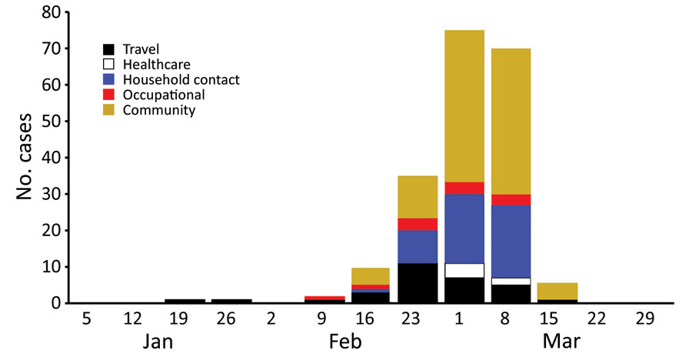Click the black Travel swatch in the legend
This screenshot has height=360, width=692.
(108, 49)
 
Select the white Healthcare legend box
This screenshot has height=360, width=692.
(108, 64)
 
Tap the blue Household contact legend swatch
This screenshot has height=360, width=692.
(108, 79)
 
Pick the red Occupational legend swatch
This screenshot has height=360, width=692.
(108, 95)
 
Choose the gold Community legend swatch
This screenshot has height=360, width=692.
(108, 109)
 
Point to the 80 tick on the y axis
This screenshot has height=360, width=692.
(52, 12)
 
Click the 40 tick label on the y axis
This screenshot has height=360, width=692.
(52, 158)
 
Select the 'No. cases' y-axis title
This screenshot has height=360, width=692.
(25, 157)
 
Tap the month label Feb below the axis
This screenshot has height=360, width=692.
(345, 342)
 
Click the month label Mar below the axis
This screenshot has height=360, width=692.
(561, 342)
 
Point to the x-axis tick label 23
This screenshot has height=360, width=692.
(411, 318)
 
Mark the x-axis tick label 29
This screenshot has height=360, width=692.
(645, 318)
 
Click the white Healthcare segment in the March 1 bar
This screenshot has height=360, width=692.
(464, 270)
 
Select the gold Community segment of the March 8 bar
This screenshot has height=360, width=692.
(511, 122)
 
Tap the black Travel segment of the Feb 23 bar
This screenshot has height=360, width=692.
(418, 283)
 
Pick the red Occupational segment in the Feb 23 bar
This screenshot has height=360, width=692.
(418, 225)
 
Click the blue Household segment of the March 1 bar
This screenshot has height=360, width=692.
(464, 228)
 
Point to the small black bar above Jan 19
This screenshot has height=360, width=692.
(185, 302)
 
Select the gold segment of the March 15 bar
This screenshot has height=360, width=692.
(557, 291)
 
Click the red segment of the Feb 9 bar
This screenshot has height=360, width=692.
(324, 298)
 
